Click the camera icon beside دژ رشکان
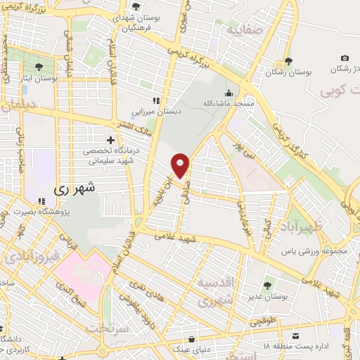[345, 58]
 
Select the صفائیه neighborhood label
[241, 32]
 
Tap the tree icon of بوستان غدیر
[267, 285]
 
